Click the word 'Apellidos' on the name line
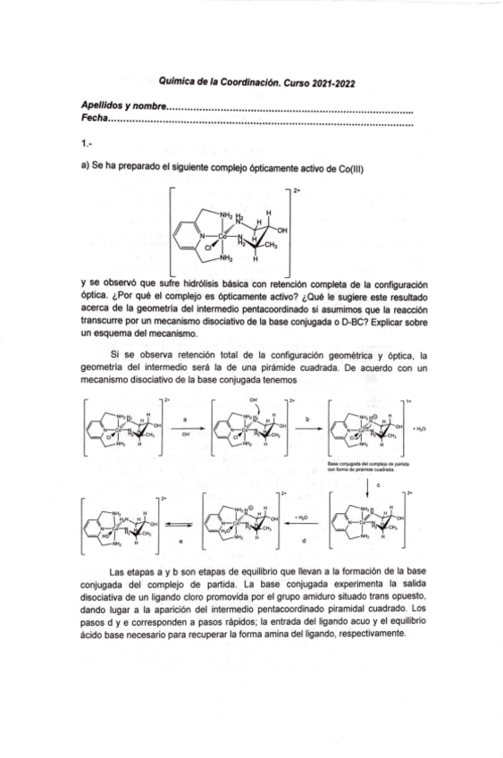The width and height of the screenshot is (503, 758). click(x=102, y=105)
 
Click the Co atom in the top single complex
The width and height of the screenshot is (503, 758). click(x=224, y=235)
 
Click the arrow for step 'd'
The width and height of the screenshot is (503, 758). click(x=301, y=527)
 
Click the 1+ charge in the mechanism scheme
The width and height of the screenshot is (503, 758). click(x=407, y=400)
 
